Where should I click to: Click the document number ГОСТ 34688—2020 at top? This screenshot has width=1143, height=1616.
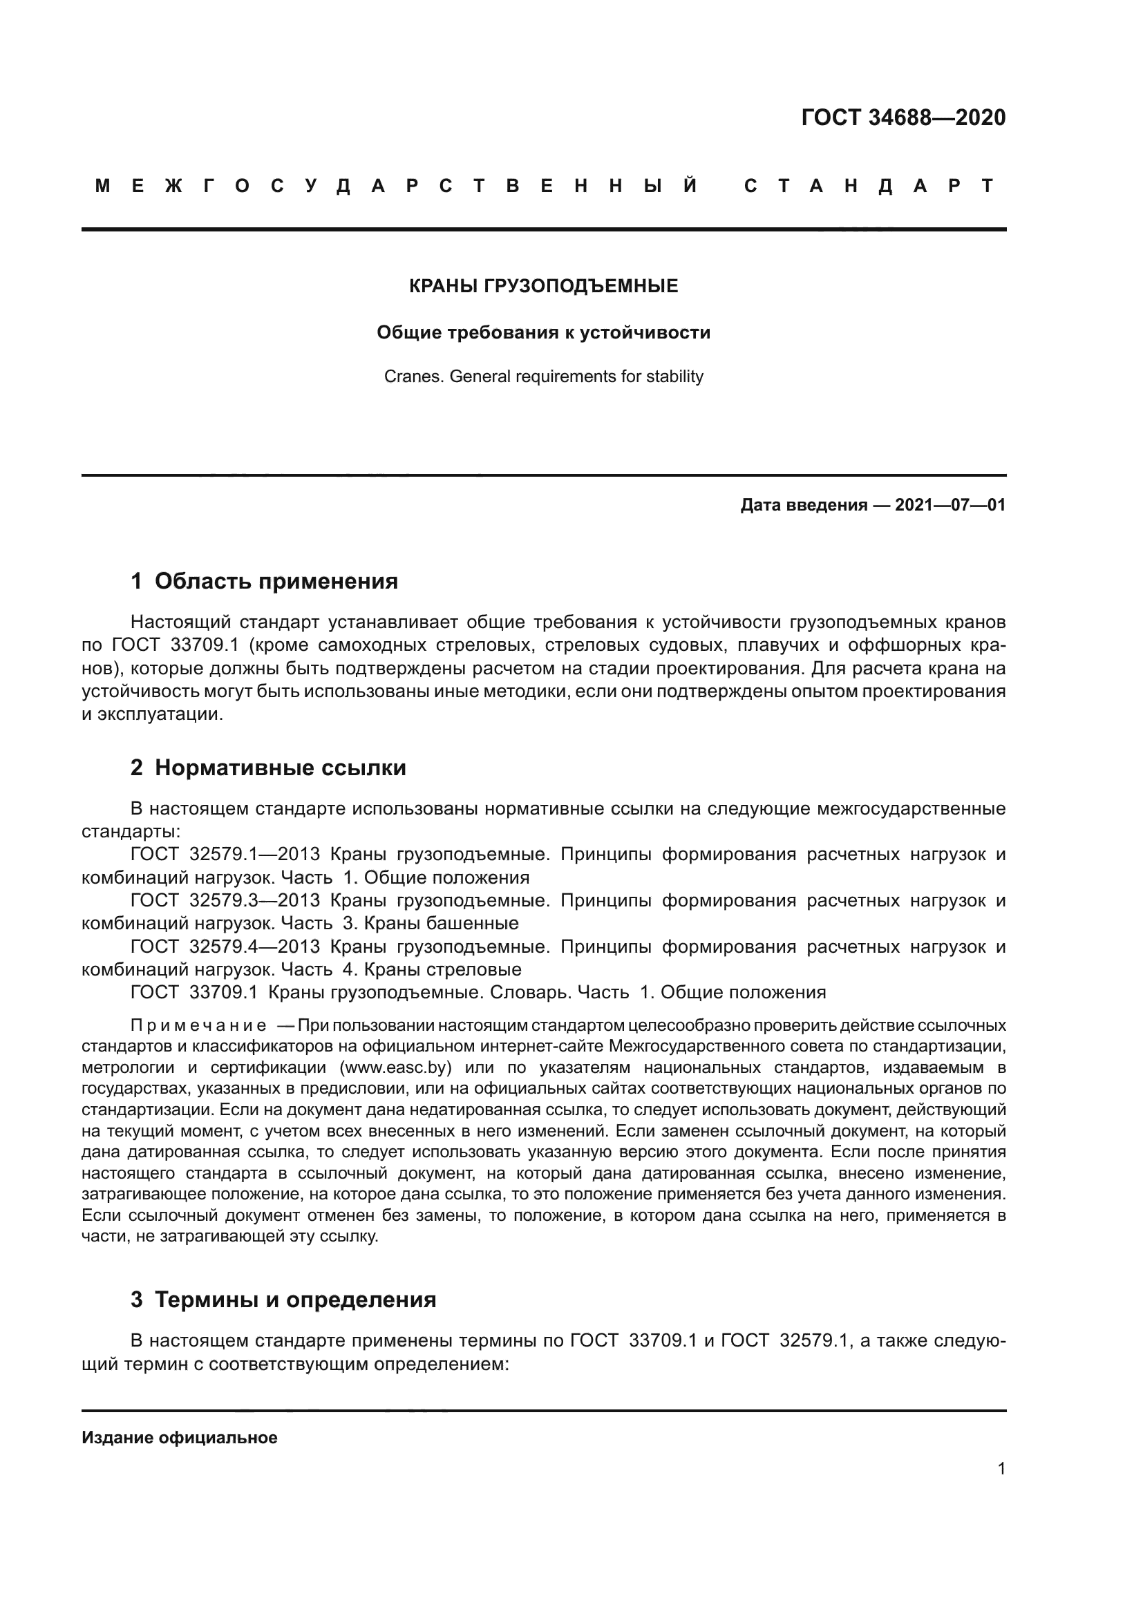pyautogui.click(x=903, y=117)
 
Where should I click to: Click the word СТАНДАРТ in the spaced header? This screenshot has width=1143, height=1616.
pyautogui.click(x=869, y=186)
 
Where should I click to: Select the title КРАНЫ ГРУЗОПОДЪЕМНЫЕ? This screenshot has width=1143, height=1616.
pyautogui.click(x=543, y=286)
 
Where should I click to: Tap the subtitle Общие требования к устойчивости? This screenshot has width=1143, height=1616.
pyautogui.click(x=543, y=332)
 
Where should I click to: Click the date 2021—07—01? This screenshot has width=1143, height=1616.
pyautogui.click(x=950, y=504)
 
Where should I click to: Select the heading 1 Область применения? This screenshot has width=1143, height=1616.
pyautogui.click(x=265, y=580)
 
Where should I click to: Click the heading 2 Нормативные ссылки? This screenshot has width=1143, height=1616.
pyautogui.click(x=268, y=767)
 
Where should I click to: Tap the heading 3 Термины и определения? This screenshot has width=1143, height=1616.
pyautogui.click(x=283, y=1300)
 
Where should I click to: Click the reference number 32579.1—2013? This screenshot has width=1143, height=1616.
pyautogui.click(x=255, y=855)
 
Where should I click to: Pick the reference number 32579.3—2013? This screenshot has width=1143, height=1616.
pyautogui.click(x=255, y=900)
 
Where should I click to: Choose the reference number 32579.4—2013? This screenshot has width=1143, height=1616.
pyautogui.click(x=255, y=947)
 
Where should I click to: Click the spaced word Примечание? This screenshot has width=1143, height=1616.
pyautogui.click(x=198, y=1025)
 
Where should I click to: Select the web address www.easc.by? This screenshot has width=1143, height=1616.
pyautogui.click(x=394, y=1067)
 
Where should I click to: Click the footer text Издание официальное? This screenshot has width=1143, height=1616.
pyautogui.click(x=180, y=1438)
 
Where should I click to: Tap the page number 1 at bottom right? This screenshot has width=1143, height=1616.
pyautogui.click(x=1001, y=1469)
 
